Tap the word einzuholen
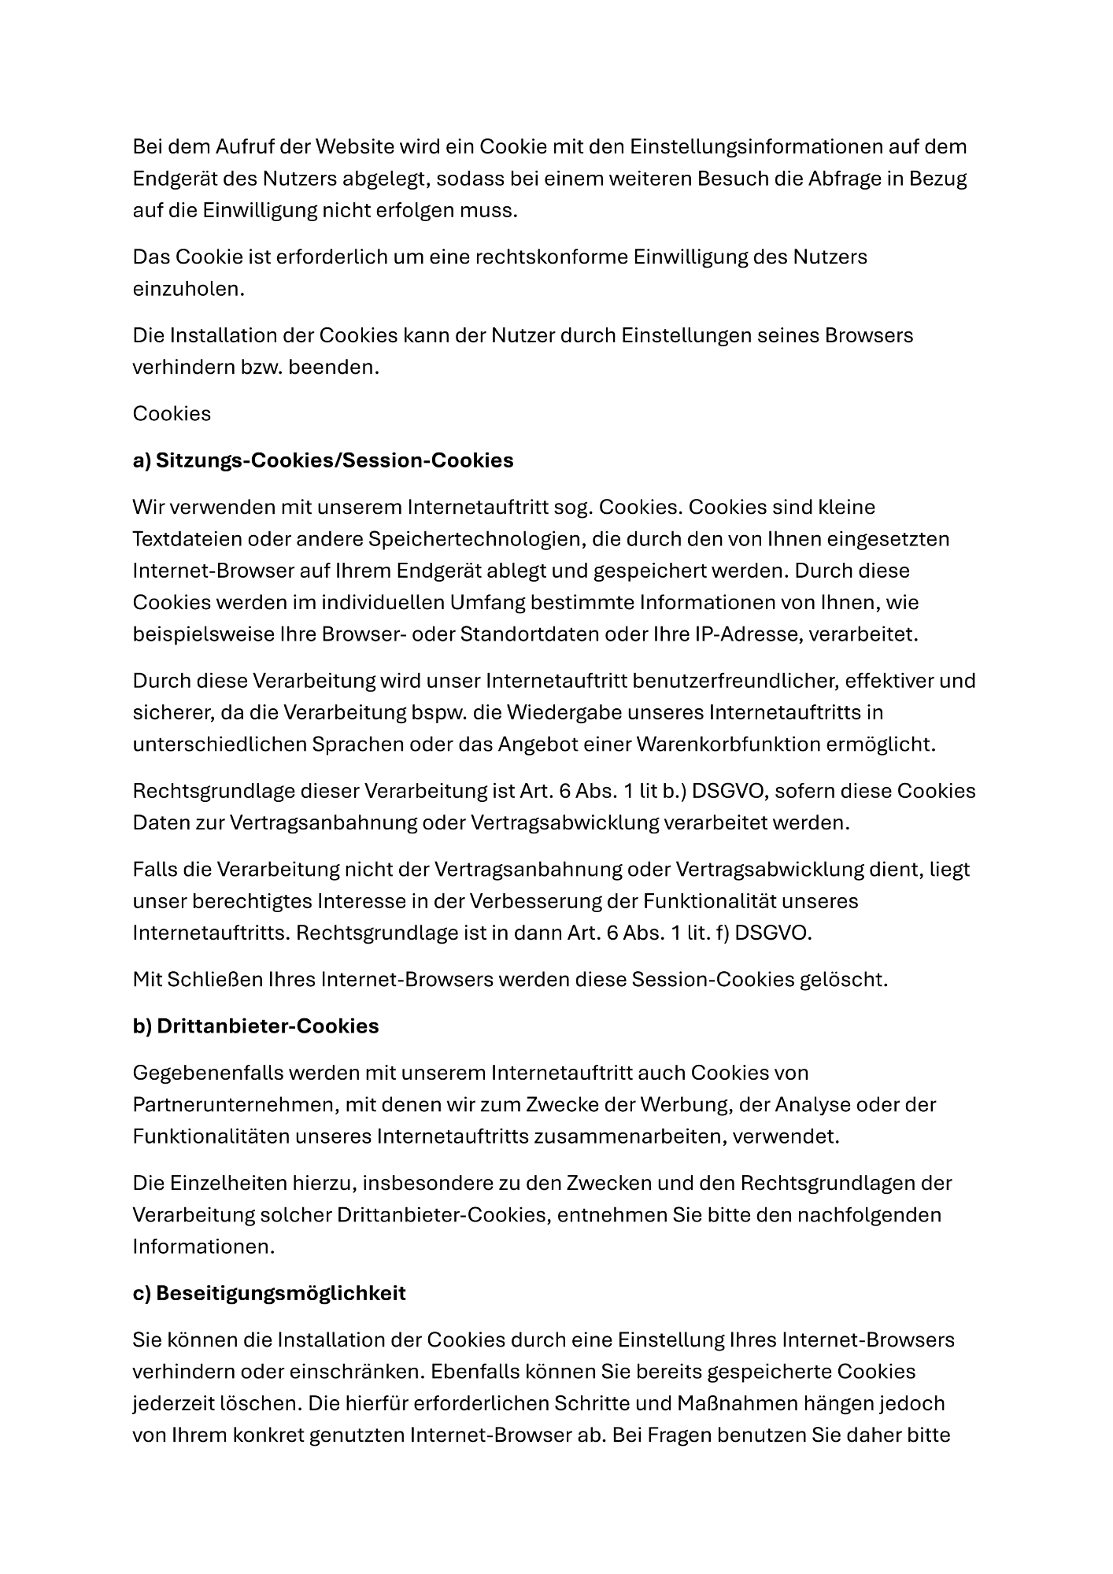188,289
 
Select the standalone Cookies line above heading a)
172,414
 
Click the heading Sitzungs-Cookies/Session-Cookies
335,460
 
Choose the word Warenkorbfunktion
725,744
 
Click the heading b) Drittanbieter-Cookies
256,1026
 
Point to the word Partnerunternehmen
235,1105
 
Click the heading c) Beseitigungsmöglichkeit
269,1293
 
